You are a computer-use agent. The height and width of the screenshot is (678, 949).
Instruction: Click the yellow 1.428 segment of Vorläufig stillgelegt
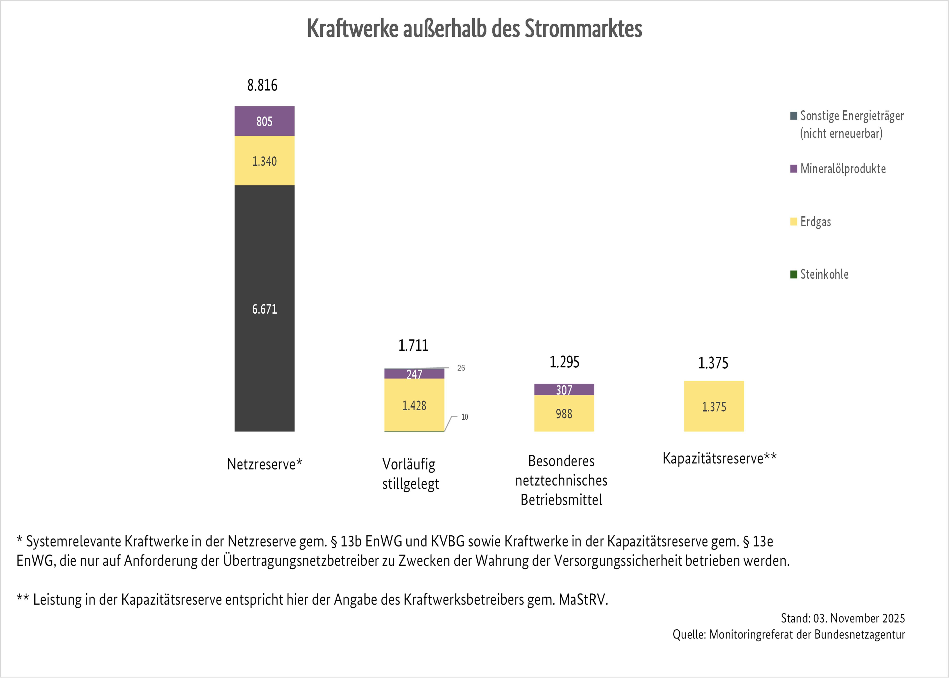pyautogui.click(x=414, y=405)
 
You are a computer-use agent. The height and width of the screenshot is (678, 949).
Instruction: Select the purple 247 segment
pyautogui.click(x=414, y=374)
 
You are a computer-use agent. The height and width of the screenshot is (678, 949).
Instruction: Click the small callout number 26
pyautogui.click(x=461, y=368)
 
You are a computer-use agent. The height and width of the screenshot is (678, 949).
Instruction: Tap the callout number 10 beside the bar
pyautogui.click(x=465, y=417)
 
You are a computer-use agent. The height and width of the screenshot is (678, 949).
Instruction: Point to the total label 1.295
pyautogui.click(x=564, y=362)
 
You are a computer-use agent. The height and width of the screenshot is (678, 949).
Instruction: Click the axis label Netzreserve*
pyautogui.click(x=264, y=464)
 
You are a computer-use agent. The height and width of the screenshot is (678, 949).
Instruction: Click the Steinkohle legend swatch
pyautogui.click(x=793, y=274)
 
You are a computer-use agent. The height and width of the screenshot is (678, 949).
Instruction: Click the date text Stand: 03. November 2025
pyautogui.click(x=843, y=618)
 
